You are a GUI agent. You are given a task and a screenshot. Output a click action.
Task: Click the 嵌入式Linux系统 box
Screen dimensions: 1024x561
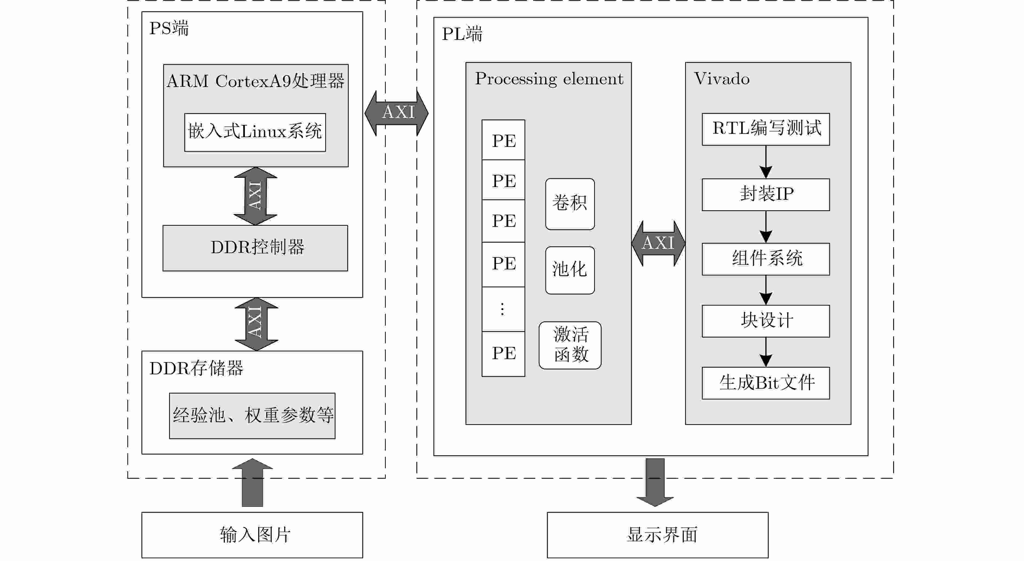pos(255,133)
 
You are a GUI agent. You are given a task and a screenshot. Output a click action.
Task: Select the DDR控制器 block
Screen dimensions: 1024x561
pos(255,248)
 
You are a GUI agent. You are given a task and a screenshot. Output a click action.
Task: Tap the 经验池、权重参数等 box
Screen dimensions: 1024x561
pos(252,416)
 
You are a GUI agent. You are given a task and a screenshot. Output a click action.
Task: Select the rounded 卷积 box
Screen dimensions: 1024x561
pos(570,204)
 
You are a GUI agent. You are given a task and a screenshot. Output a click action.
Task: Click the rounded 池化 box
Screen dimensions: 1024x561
pos(570,270)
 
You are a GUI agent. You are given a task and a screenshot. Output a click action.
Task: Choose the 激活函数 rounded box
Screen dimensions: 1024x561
pos(570,345)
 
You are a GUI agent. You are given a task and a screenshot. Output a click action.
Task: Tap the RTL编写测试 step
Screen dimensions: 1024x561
pos(766,129)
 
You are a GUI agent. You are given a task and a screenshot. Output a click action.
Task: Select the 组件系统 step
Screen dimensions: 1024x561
pos(766,259)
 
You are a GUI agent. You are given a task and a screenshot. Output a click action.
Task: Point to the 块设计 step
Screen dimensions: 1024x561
pos(766,321)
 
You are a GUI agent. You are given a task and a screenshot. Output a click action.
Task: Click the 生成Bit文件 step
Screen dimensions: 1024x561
pos(766,383)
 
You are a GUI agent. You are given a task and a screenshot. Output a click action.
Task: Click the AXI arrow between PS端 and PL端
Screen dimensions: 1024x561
pos(396,113)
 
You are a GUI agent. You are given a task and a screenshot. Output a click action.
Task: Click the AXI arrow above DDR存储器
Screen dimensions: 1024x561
pos(256,324)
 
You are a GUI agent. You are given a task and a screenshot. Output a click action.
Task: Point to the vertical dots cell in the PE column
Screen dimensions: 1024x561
pos(503,309)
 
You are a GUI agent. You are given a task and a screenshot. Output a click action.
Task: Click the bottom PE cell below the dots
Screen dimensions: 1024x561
pos(503,354)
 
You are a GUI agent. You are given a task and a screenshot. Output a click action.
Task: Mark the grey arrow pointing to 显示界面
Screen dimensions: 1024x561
pos(655,482)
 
